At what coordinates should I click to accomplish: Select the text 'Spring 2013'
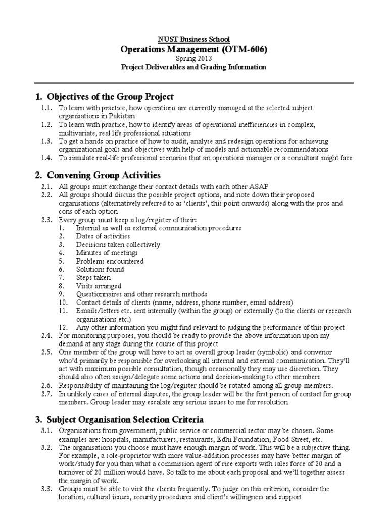194,59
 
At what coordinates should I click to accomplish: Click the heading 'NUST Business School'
194,39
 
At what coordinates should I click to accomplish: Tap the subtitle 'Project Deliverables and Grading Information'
194,67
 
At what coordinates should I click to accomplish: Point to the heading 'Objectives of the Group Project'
110,96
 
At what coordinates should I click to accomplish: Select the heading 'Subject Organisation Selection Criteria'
125,419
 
